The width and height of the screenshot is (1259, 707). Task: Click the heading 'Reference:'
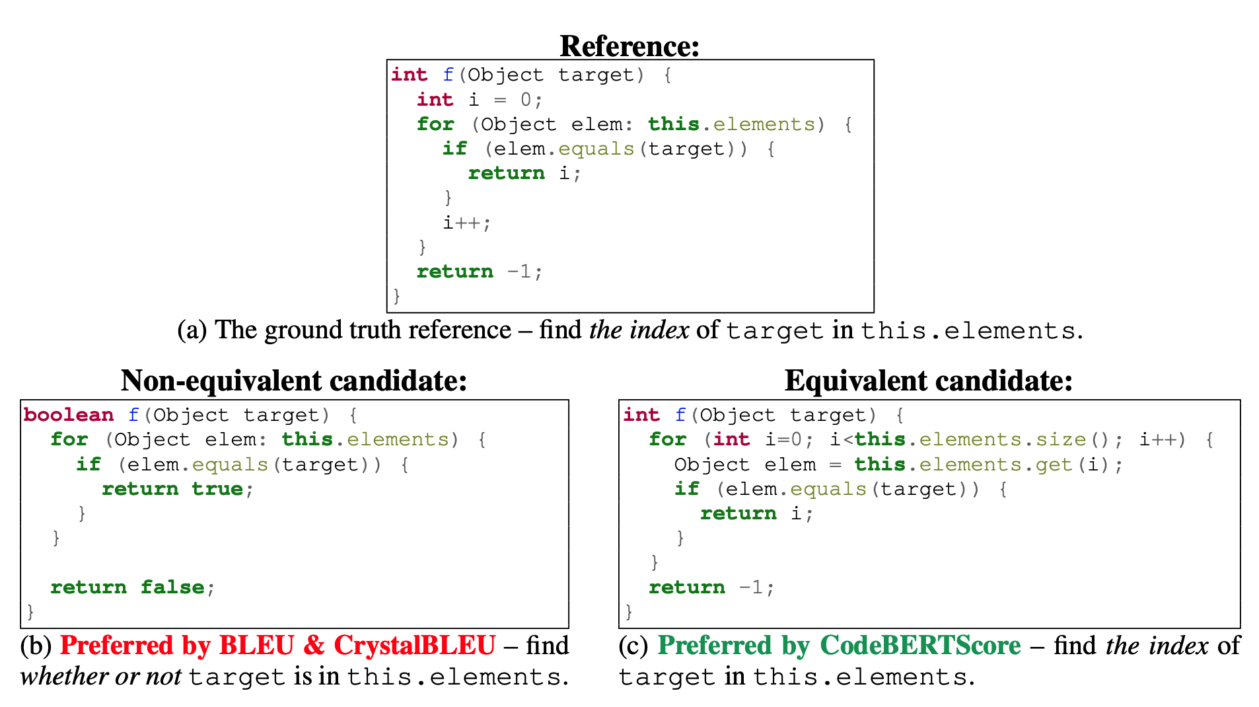629,46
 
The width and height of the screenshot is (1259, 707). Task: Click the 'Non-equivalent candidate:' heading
294,381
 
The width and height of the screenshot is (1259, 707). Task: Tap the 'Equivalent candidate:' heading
928,381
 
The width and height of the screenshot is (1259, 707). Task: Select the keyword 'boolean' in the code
69,415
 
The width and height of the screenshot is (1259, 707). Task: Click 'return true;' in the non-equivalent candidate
177,489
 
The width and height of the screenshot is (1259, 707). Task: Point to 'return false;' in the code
132,587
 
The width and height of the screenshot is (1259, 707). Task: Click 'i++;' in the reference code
466,223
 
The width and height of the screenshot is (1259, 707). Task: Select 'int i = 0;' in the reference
479,100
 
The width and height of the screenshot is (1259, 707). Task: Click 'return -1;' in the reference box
479,272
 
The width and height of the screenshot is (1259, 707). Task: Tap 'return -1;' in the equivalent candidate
711,587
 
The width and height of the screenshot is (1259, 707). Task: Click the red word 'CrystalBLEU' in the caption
414,646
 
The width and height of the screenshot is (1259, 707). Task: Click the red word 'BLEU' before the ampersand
256,646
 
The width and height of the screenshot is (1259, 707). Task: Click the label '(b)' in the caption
36,646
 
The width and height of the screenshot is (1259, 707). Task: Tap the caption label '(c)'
634,646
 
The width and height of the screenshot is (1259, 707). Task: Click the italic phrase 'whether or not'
100,677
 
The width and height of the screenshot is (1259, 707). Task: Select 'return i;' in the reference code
524,173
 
